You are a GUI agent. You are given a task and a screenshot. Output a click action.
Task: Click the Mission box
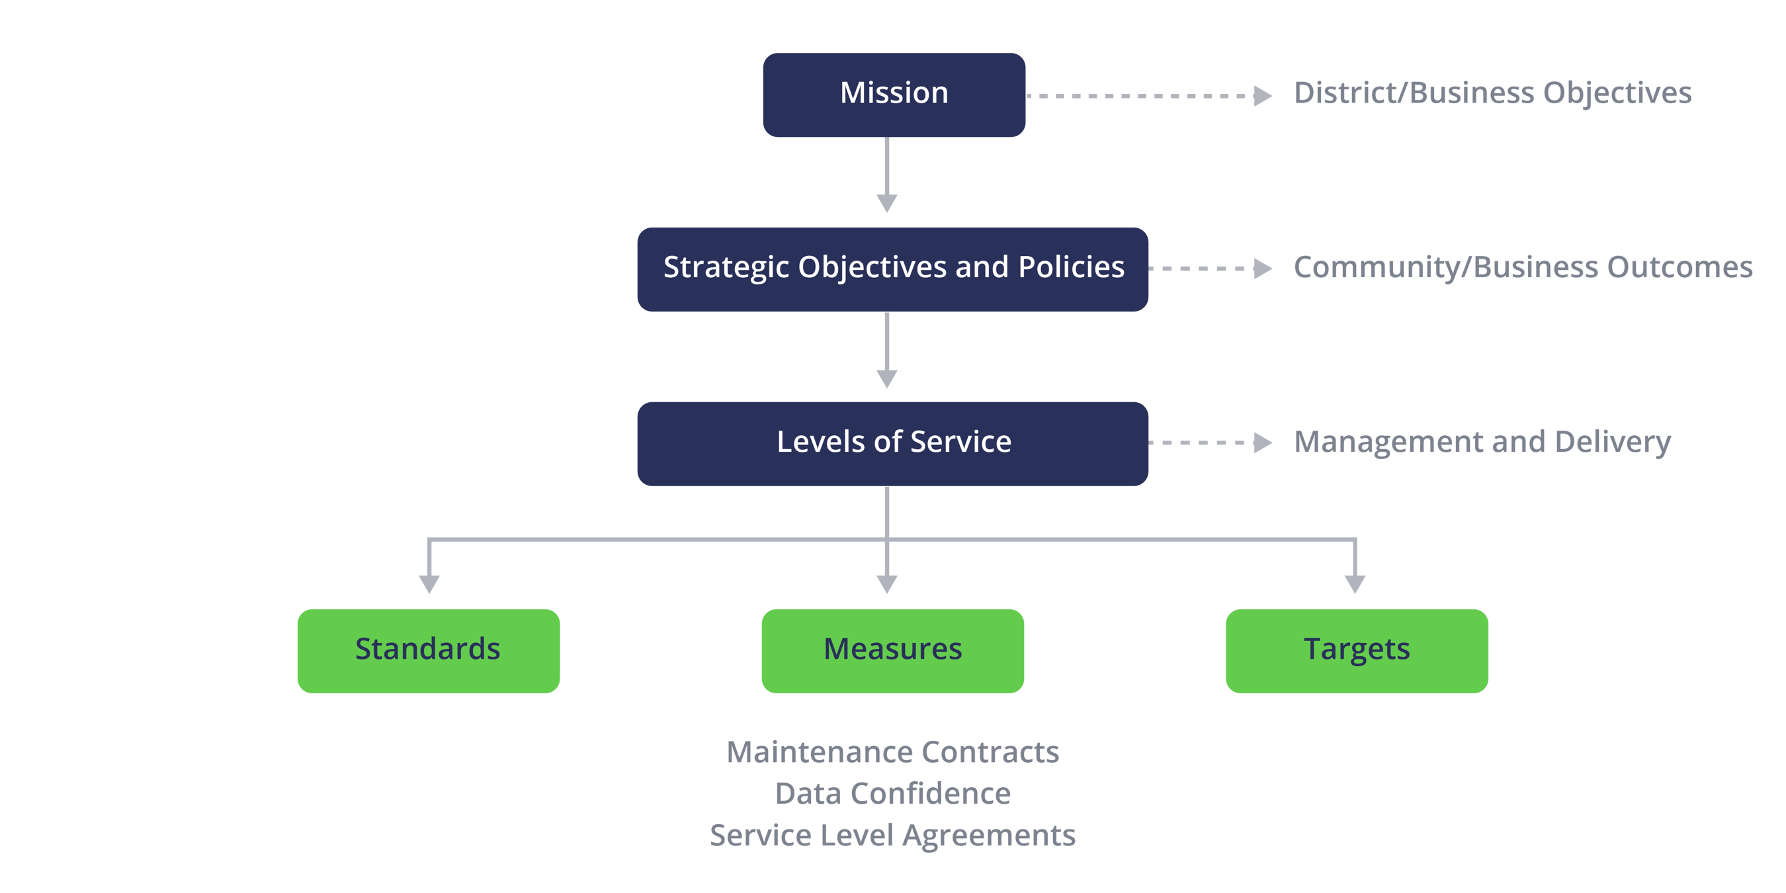pyautogui.click(x=894, y=95)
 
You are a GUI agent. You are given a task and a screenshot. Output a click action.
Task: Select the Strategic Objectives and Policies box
pyautogui.click(x=892, y=269)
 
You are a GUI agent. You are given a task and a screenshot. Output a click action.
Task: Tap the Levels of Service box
pyautogui.click(x=892, y=444)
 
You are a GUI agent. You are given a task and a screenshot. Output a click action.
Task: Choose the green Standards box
pyautogui.click(x=429, y=650)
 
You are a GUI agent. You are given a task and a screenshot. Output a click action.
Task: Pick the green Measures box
pyautogui.click(x=892, y=650)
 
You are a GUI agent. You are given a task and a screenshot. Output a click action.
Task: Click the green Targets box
pyautogui.click(x=1357, y=650)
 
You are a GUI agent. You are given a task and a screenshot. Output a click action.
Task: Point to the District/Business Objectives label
pyautogui.click(x=1492, y=93)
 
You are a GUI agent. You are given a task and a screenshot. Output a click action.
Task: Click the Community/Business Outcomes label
pyautogui.click(x=1523, y=269)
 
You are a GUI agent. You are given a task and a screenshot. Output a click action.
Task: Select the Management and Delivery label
pyautogui.click(x=1482, y=443)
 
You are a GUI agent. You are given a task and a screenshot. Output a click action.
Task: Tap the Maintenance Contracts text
pyautogui.click(x=892, y=752)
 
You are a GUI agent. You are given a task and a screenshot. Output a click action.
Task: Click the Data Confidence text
pyautogui.click(x=892, y=794)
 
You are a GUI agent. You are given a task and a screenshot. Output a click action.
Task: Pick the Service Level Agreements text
pyautogui.click(x=892, y=835)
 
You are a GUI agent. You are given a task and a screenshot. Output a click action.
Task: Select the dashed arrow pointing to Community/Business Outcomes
pyautogui.click(x=1210, y=269)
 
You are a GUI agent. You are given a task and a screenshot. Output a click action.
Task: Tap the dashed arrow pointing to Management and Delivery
pyautogui.click(x=1210, y=443)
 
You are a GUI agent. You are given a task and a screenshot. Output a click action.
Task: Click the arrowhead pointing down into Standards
pyautogui.click(x=429, y=584)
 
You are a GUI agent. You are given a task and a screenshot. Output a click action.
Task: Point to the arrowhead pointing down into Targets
pyautogui.click(x=1355, y=584)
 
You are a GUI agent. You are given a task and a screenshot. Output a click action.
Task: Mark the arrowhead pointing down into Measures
pyautogui.click(x=887, y=584)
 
